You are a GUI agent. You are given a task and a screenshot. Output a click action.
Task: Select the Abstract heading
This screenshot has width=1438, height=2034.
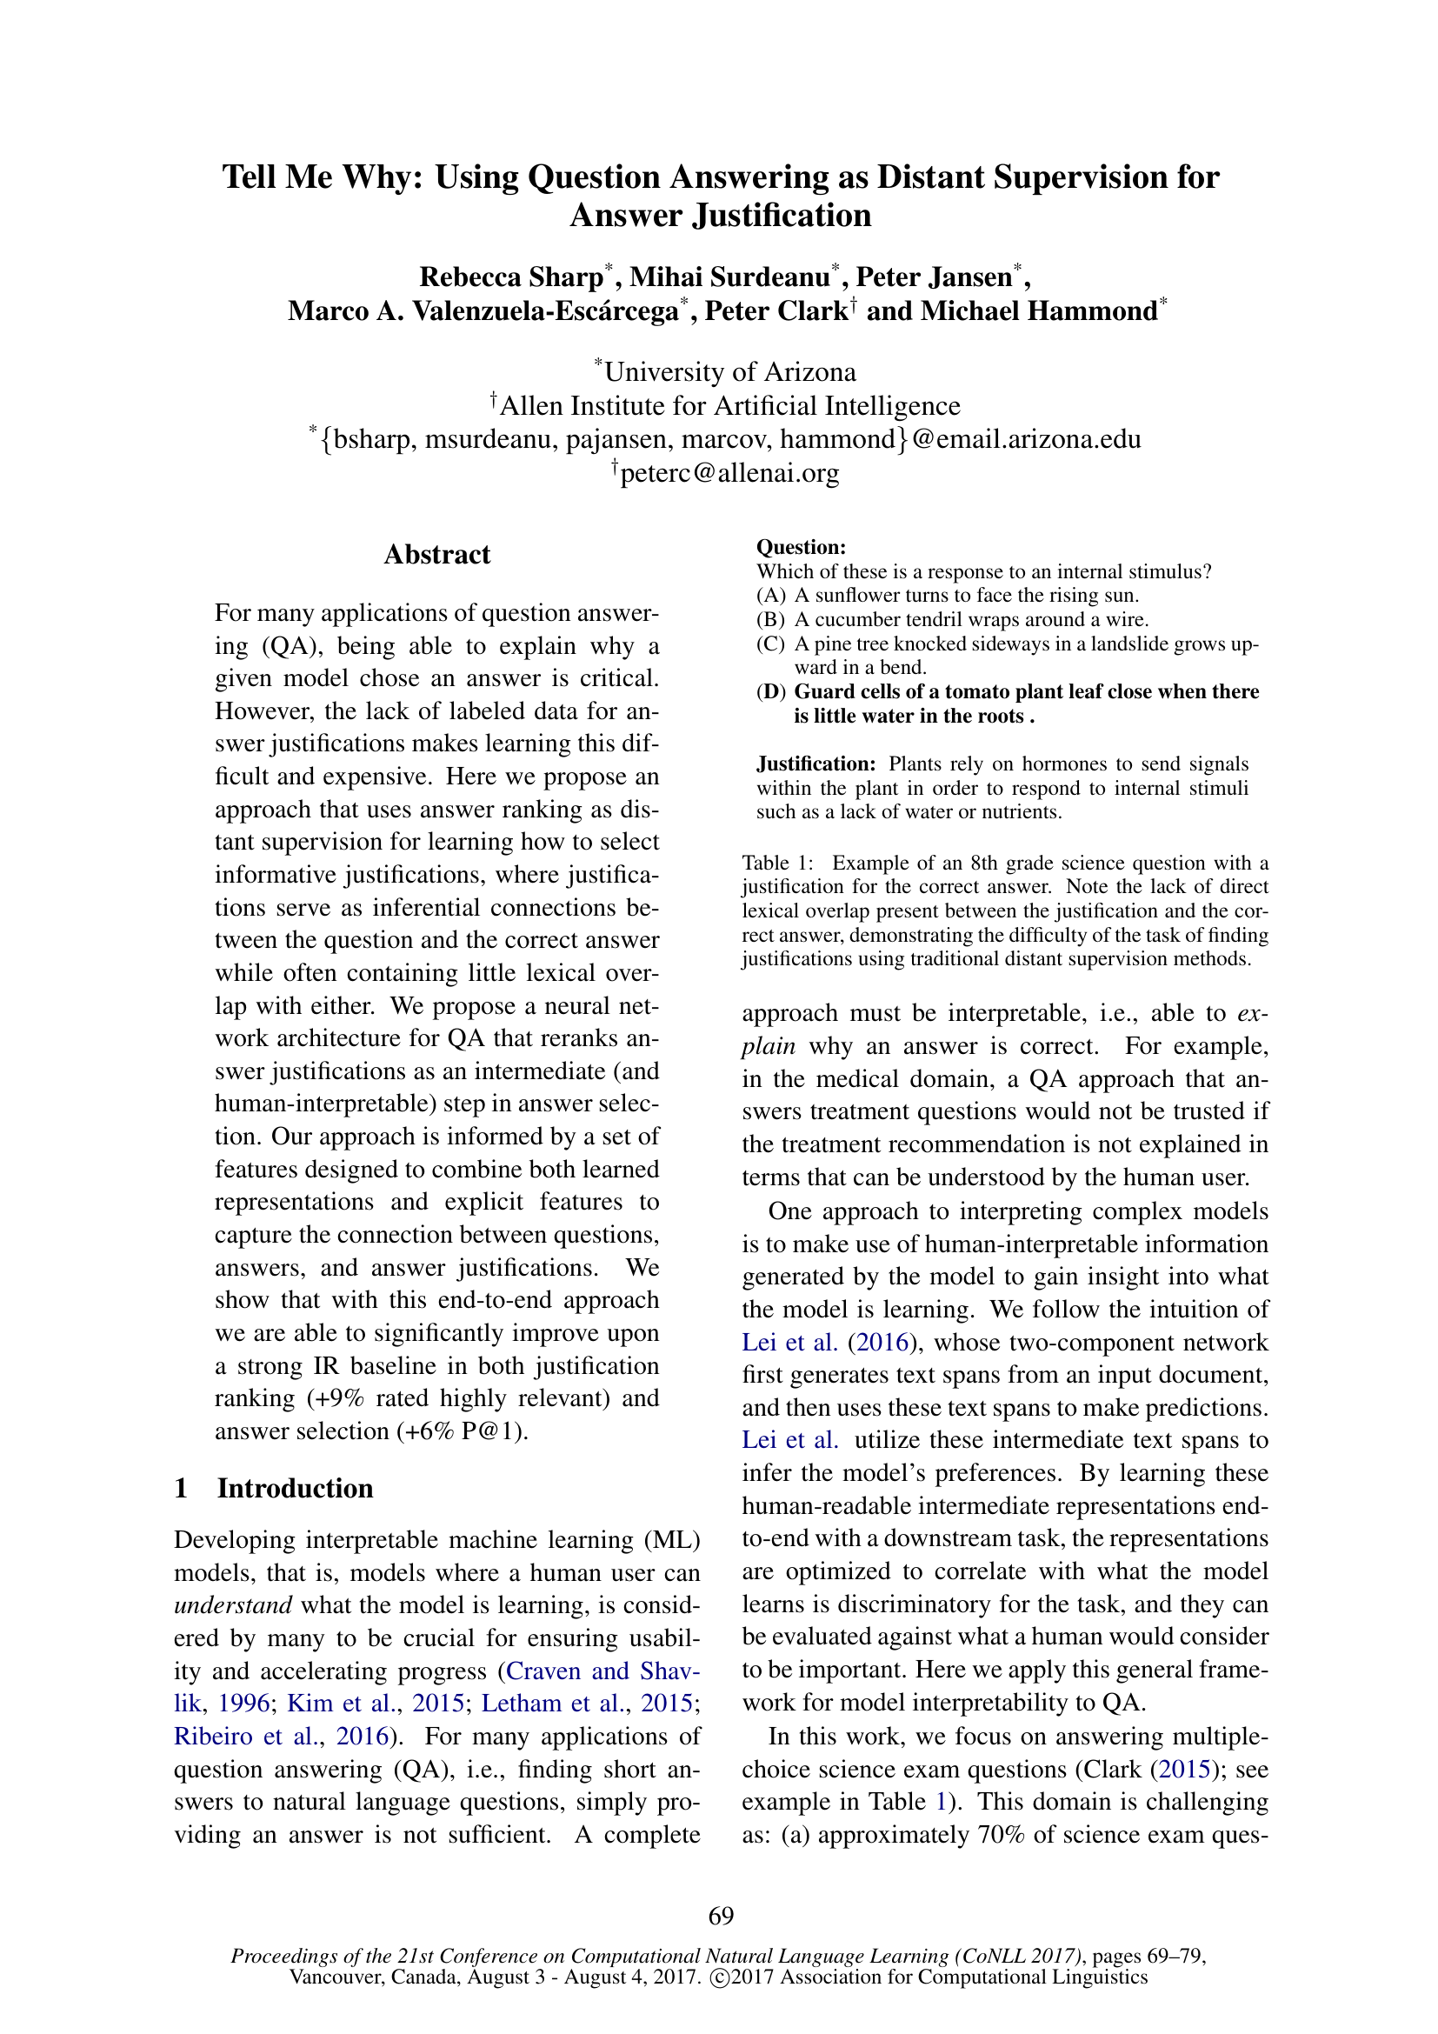(436, 555)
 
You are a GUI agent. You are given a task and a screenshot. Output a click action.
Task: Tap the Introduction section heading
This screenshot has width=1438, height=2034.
(295, 1488)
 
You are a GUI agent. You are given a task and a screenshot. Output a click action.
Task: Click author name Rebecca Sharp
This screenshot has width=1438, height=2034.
(511, 277)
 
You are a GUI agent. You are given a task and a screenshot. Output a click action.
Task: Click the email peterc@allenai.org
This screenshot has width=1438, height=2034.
(729, 473)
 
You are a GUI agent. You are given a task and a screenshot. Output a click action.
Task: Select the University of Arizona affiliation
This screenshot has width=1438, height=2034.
(729, 372)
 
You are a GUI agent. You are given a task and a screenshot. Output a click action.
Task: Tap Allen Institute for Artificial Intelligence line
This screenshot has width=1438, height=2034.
(729, 406)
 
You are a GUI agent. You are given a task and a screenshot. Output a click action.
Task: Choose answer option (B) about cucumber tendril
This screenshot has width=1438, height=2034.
(952, 619)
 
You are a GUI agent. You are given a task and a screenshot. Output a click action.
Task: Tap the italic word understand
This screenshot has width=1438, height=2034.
(233, 1605)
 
